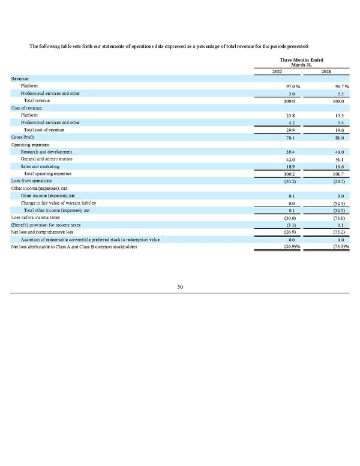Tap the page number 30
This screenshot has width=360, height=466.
180,287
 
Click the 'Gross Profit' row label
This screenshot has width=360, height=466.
22,138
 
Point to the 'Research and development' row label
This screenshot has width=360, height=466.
46,152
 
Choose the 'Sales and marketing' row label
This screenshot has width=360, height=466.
40,166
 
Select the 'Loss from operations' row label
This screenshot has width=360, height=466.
31,181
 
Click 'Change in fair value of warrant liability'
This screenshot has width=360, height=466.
58,203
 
